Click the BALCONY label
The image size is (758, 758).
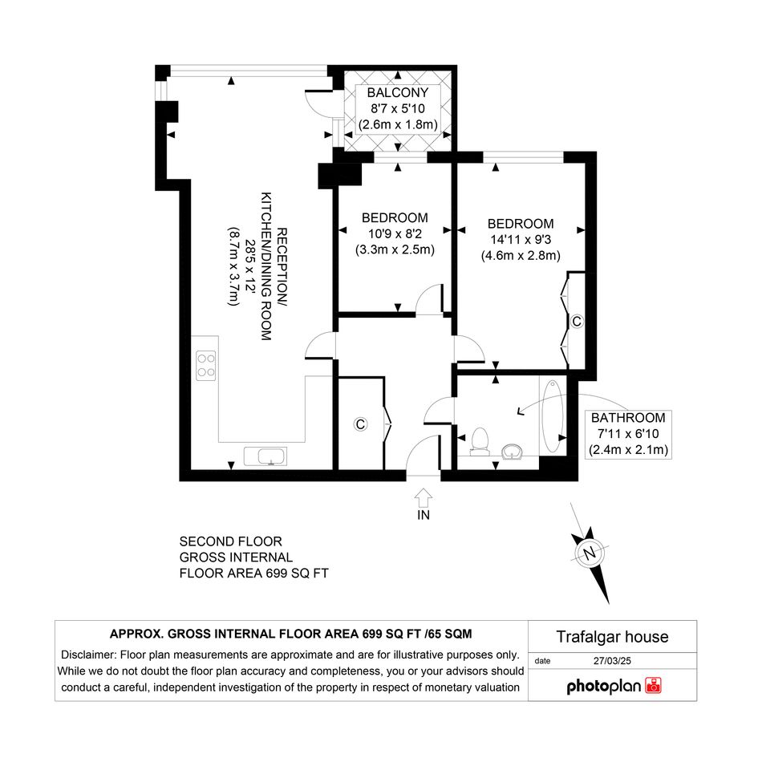(397, 92)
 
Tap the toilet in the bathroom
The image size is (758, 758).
(480, 441)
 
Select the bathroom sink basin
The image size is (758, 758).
(512, 452)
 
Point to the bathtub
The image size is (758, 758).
(553, 415)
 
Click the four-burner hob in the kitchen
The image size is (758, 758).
(206, 365)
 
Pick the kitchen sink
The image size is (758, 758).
(266, 456)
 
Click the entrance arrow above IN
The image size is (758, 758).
(424, 497)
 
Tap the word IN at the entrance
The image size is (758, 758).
(424, 515)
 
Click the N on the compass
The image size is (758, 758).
(589, 553)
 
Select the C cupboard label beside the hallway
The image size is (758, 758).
(360, 424)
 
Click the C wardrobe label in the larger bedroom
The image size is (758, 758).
(576, 321)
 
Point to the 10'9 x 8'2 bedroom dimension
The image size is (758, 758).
(395, 234)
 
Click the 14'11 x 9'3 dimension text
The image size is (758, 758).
(521, 240)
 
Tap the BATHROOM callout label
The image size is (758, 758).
(628, 418)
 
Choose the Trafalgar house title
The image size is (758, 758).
(612, 637)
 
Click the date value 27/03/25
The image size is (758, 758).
(612, 661)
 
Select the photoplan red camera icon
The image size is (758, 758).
(654, 686)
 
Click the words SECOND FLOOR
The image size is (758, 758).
(230, 541)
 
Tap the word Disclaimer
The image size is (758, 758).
(88, 655)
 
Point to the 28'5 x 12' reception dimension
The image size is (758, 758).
(250, 266)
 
